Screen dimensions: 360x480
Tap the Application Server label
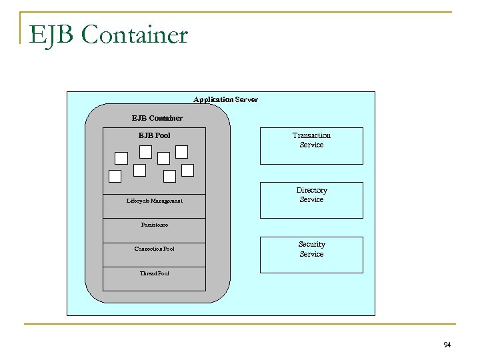click(225, 99)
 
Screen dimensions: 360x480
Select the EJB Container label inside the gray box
click(157, 118)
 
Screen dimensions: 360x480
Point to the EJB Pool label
click(154, 135)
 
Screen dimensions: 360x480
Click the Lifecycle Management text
click(155, 201)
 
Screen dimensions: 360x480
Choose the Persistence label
click(155, 225)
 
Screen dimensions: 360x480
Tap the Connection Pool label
click(155, 249)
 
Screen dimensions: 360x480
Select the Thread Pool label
click(155, 273)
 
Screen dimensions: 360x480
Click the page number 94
click(447, 345)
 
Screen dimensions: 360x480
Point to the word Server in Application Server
click(246, 99)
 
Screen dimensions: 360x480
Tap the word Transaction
click(311, 135)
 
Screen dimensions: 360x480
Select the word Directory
click(311, 191)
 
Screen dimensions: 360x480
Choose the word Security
click(311, 245)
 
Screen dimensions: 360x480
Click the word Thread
click(148, 273)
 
